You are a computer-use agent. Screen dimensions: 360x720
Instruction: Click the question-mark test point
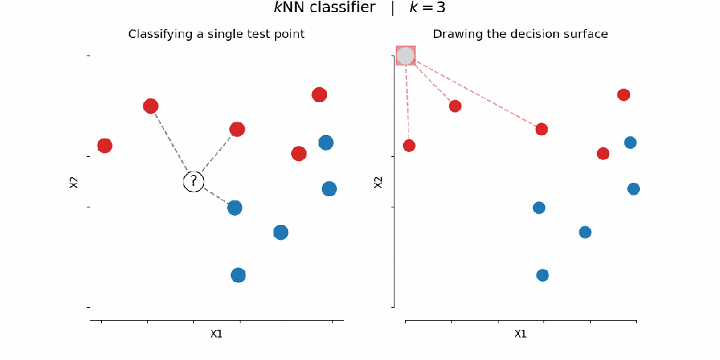click(x=193, y=181)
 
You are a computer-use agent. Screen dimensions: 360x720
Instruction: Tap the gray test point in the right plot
click(x=406, y=56)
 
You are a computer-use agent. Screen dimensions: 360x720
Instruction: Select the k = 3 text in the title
click(x=427, y=8)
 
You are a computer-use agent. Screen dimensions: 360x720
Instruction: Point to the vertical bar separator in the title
click(x=392, y=8)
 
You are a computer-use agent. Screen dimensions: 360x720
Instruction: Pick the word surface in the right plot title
click(x=585, y=34)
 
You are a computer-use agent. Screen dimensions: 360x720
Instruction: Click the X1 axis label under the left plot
click(x=217, y=334)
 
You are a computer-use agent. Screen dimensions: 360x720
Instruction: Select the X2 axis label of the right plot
click(x=378, y=182)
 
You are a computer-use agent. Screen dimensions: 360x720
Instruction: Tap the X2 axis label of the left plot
click(x=74, y=182)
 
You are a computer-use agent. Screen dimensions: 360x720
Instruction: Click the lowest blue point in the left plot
click(x=238, y=275)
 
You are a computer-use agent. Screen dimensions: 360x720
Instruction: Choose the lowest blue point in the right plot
click(x=542, y=275)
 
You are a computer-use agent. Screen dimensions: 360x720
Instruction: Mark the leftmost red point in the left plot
click(x=105, y=146)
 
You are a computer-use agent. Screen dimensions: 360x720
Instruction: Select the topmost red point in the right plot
click(x=623, y=95)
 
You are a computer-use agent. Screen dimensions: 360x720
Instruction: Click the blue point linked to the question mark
click(x=235, y=207)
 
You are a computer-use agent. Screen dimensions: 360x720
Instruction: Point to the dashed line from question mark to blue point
click(x=215, y=195)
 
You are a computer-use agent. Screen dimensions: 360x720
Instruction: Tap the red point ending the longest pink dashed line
click(x=541, y=129)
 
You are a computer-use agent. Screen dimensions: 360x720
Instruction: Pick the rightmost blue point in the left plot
click(x=329, y=188)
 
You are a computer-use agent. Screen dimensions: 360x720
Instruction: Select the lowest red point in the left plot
click(x=299, y=153)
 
